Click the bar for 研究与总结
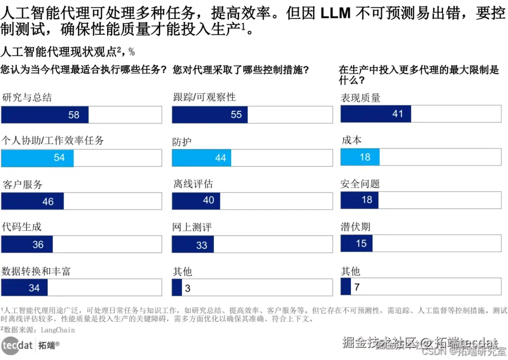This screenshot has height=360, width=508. (45, 115)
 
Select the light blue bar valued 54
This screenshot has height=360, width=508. (37, 158)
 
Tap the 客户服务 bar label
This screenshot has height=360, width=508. (22, 185)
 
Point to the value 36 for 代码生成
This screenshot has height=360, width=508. (38, 244)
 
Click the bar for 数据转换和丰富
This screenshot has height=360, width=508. (25, 288)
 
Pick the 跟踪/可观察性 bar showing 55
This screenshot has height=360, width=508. (210, 115)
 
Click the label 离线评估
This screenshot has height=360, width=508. (193, 184)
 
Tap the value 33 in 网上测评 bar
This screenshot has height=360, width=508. (202, 245)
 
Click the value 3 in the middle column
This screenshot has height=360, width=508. (188, 288)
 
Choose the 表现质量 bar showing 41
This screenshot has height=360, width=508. (376, 114)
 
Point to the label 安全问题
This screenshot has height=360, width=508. (360, 184)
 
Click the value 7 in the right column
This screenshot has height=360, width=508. (357, 287)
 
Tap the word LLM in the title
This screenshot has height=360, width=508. (335, 13)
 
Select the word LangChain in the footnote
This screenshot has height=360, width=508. (58, 330)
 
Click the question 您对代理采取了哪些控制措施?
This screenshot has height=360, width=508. (242, 70)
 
